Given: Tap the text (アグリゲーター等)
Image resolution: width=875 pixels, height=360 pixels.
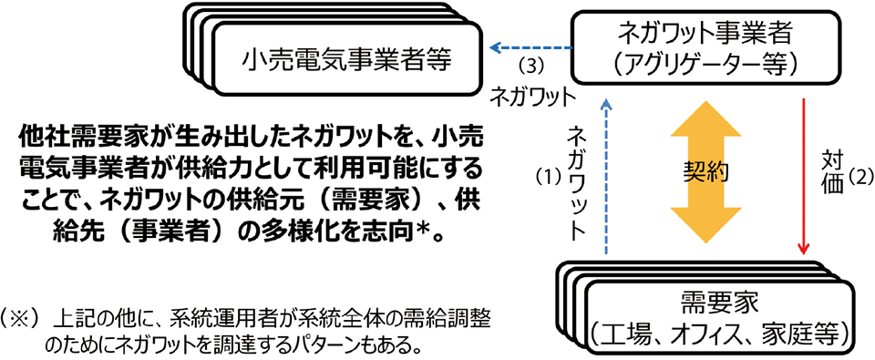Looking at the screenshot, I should point(705,64).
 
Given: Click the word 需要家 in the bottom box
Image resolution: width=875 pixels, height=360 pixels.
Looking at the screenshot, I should point(720,302).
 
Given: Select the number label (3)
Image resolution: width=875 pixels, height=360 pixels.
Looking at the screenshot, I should point(530,66).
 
